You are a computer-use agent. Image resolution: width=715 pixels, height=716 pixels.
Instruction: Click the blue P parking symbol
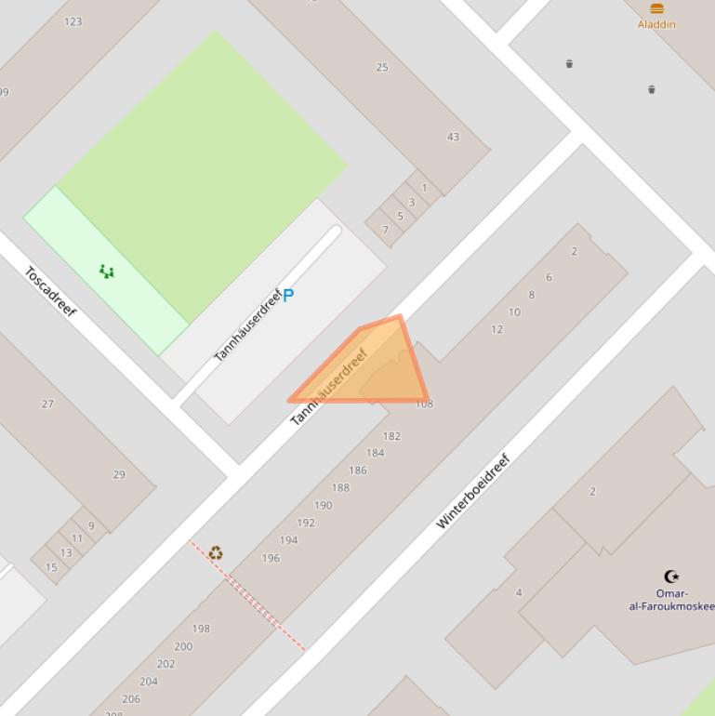[288, 296]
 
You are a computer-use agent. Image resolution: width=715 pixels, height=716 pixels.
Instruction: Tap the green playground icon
[107, 272]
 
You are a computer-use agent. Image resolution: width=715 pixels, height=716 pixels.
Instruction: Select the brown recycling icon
[216, 553]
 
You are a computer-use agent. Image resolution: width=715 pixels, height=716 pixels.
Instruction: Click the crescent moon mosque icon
[671, 577]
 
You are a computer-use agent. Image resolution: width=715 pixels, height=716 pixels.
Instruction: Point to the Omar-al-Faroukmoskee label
[672, 600]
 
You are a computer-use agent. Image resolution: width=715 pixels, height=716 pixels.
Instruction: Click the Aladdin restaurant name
[656, 24]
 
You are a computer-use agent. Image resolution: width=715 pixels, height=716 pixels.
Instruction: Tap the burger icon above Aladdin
[656, 8]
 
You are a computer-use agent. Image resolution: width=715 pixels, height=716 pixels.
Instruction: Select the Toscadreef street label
[50, 291]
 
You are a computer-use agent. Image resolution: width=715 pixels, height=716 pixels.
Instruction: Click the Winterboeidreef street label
[473, 491]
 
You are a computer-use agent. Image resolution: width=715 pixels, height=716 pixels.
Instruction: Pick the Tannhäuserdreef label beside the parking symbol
[247, 326]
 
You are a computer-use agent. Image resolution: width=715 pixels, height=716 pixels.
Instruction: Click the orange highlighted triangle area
[381, 367]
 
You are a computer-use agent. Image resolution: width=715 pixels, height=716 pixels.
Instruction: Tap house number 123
[73, 21]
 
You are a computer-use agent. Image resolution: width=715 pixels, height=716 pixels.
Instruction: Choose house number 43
[453, 137]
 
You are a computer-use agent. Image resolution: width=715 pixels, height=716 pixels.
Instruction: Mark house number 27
[47, 404]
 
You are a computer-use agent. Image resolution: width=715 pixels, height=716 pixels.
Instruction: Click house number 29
[119, 474]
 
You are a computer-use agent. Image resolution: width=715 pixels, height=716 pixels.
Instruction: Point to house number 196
[271, 558]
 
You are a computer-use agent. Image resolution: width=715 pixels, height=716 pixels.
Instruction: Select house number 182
[391, 436]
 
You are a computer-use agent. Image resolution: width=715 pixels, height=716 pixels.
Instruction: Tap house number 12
[497, 329]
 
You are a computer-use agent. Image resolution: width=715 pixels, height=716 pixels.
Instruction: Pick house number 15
[51, 567]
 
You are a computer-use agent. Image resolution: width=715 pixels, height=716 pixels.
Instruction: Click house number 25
[382, 67]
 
